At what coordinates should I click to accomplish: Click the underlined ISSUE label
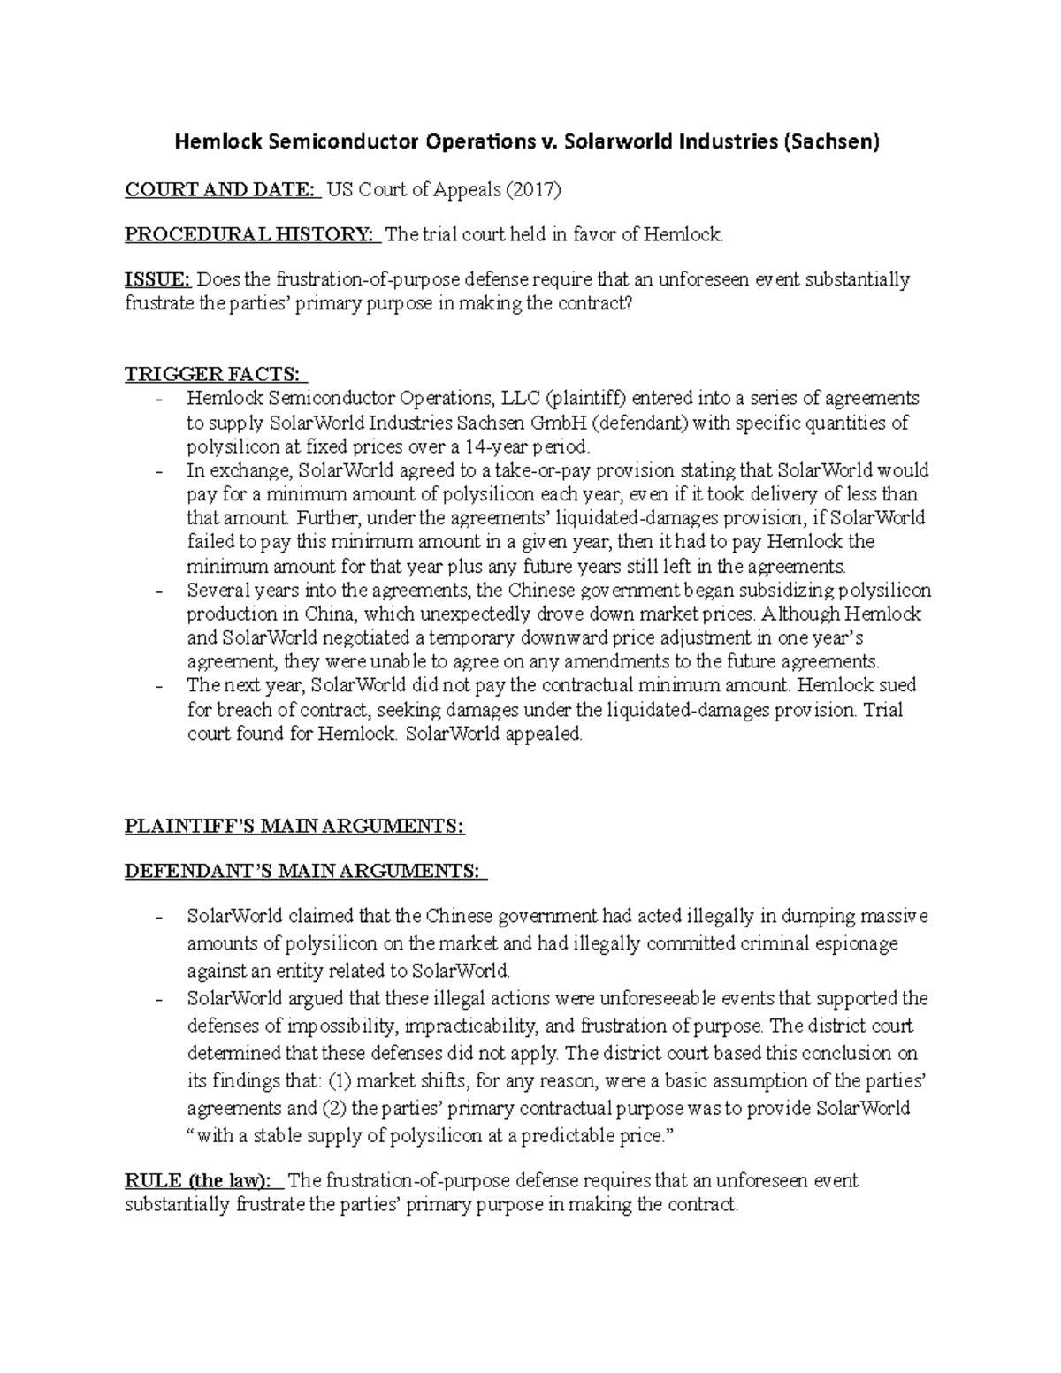(157, 280)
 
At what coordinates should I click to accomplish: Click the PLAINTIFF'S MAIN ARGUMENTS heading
(294, 827)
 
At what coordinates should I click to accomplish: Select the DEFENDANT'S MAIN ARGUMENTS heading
(305, 872)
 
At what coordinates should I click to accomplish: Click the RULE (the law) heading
(202, 1181)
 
